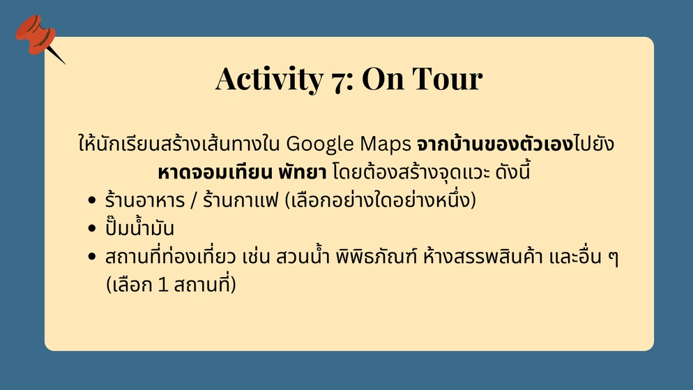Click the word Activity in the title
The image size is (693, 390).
(x=269, y=79)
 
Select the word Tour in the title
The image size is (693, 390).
(x=448, y=79)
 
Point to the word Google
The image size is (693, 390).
(x=319, y=144)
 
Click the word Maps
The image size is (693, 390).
(x=386, y=144)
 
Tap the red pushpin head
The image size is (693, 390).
(x=36, y=34)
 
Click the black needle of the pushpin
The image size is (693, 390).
(x=56, y=54)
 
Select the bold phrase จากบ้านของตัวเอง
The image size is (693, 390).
(x=495, y=144)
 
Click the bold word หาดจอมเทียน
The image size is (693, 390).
(x=215, y=172)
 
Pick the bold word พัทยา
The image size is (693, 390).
(x=303, y=172)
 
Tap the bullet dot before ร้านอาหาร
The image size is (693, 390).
(x=92, y=200)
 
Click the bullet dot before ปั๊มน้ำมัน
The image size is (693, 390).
(x=92, y=229)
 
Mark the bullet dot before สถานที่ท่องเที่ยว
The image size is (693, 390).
(x=92, y=257)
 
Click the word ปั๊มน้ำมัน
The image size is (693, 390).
(x=139, y=227)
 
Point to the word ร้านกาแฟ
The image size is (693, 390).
(x=241, y=200)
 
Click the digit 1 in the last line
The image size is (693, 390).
(x=163, y=285)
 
